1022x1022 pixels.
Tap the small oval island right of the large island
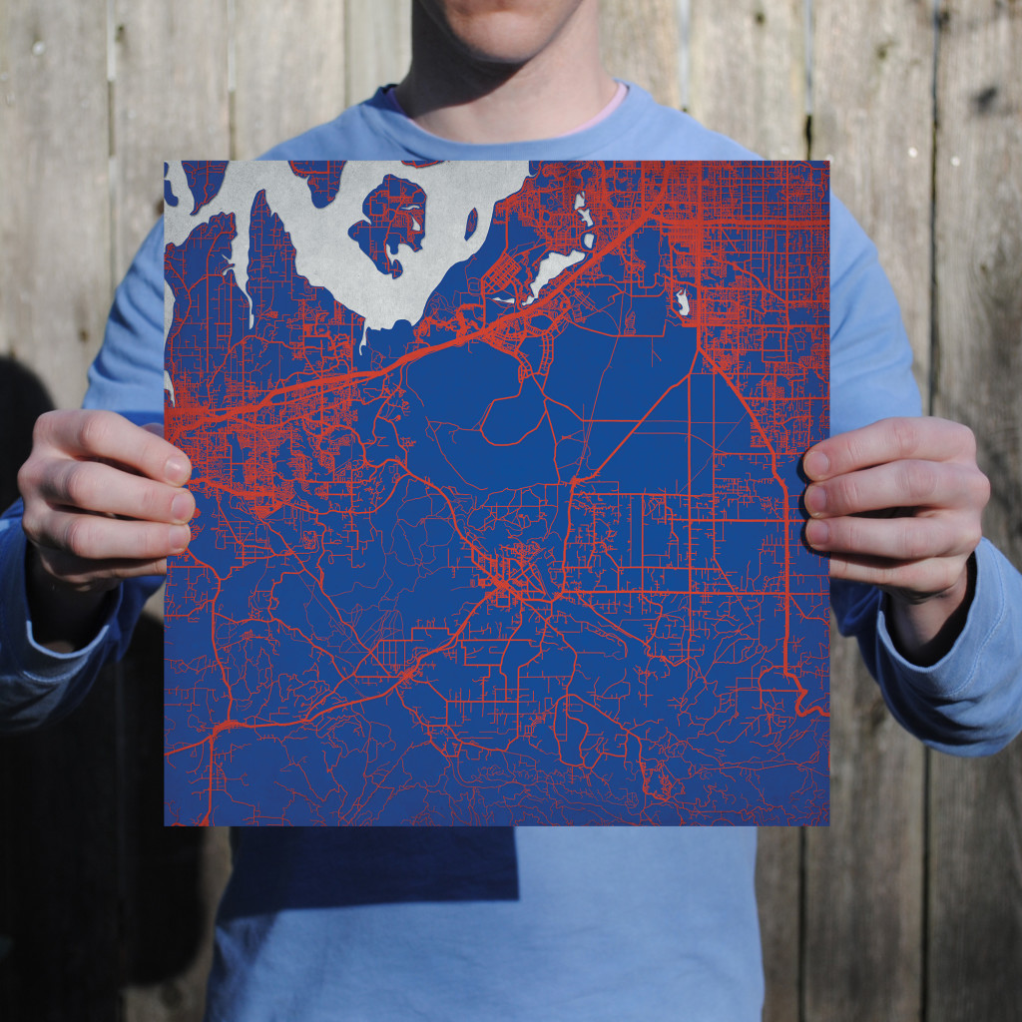[x=471, y=223]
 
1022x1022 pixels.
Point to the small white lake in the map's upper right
[x=683, y=301]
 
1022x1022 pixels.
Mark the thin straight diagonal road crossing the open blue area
[x=639, y=419]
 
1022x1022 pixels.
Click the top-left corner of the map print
[x=166, y=162]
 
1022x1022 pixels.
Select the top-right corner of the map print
[x=828, y=162]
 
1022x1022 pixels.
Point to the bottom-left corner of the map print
[x=166, y=825]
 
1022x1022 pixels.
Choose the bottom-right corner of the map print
[x=828, y=825]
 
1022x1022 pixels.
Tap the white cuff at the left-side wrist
[x=70, y=639]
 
